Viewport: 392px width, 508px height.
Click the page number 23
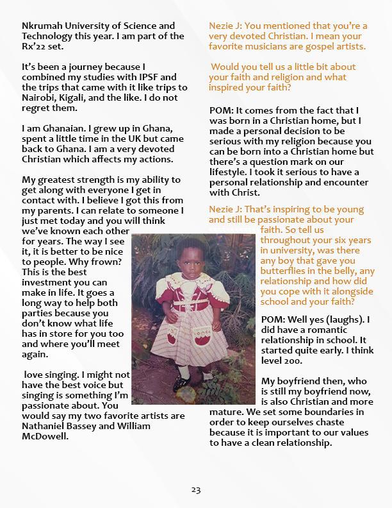(196, 490)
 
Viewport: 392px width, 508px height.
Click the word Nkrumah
(42, 26)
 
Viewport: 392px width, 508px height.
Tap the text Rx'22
(35, 47)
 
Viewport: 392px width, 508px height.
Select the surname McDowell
(47, 436)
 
